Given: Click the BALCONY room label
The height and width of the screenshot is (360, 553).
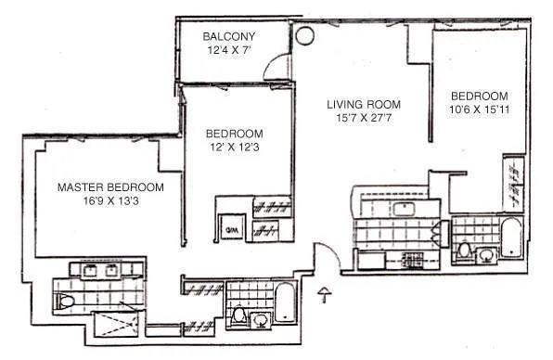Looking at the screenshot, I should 229,37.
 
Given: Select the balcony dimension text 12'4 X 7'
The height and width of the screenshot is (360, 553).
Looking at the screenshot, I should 229,51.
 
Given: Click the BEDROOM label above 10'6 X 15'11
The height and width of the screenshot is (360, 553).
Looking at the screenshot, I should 480,96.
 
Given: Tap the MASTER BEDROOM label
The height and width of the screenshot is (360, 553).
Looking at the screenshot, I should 110,187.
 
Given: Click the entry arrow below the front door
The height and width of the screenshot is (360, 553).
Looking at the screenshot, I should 323,297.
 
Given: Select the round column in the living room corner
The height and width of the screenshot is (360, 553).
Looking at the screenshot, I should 303,37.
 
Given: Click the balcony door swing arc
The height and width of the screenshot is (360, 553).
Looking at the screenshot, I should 276,70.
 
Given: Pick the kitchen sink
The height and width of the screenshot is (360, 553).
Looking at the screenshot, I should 404,208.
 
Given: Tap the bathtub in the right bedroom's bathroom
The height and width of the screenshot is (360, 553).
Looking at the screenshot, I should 511,239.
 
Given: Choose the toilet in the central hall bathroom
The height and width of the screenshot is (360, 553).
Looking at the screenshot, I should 238,317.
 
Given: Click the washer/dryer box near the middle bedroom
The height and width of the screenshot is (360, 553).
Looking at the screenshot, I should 229,225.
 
